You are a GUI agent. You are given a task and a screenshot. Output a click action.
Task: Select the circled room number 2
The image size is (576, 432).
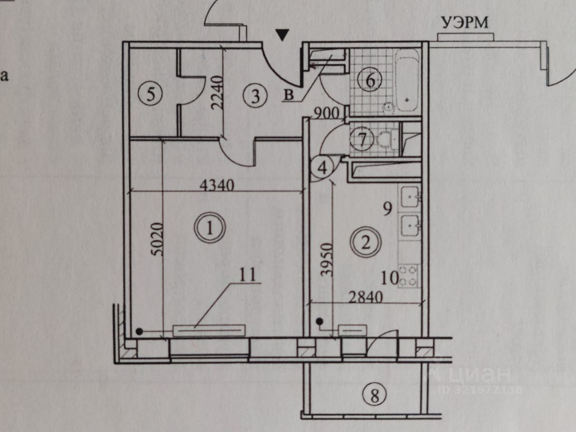coord(366,243)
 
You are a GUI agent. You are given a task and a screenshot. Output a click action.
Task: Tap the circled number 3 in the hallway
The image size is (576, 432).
coord(255,96)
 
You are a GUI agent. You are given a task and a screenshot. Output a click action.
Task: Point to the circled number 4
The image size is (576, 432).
coord(323,168)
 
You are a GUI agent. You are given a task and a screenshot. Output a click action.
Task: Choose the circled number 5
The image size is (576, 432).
coord(151,94)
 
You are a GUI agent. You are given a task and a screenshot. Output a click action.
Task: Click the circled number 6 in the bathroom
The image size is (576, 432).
coord(370,81)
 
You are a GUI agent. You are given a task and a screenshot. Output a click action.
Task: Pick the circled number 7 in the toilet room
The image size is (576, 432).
coord(362,139)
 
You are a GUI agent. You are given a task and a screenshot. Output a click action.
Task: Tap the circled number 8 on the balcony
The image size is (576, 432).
coord(374,396)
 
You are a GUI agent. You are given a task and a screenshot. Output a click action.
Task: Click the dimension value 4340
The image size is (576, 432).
coord(216,185)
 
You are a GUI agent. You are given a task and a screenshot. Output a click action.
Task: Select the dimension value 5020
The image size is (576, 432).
coord(157,239)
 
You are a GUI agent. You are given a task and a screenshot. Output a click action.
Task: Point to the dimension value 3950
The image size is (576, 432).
coord(327,260)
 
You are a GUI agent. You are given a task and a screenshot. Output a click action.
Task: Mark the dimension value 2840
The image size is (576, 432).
coord(365,297)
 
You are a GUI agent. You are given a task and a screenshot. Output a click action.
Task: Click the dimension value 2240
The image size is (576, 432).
coord(217,93)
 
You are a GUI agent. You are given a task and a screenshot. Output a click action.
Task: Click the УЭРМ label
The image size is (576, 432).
coord(465,22)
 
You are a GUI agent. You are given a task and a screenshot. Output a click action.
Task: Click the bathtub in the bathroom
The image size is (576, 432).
coord(407,80)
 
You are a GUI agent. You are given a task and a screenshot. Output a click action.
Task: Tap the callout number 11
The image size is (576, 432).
coord(247,274)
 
